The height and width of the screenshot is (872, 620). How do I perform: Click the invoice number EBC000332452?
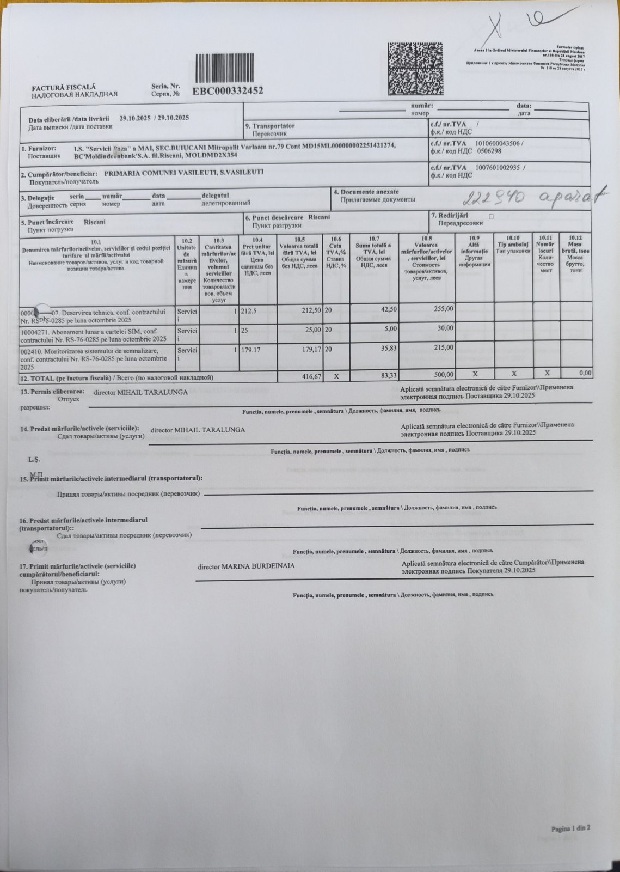coord(228,90)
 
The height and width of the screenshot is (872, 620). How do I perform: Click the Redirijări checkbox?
coord(491,217)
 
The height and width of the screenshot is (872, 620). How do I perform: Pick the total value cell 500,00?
coord(442,375)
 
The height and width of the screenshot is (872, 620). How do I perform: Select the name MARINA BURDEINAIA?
coord(258,566)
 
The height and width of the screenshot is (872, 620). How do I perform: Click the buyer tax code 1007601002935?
coord(499,168)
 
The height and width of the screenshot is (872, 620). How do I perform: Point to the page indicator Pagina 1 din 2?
coord(570,828)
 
